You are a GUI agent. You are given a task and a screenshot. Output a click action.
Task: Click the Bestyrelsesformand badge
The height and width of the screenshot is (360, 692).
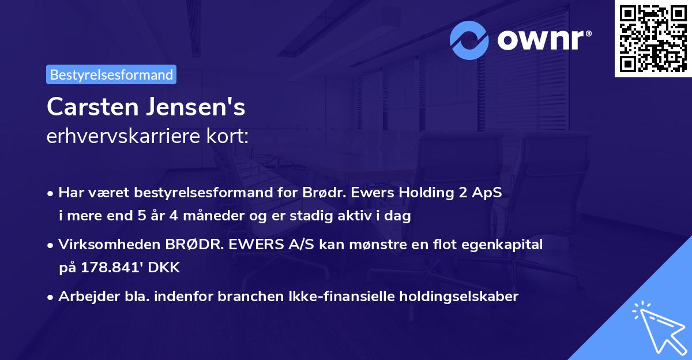point(111,74)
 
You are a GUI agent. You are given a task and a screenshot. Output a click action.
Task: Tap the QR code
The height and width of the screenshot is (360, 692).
point(653,39)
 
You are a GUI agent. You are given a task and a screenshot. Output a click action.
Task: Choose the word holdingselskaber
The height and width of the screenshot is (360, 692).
point(462,297)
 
